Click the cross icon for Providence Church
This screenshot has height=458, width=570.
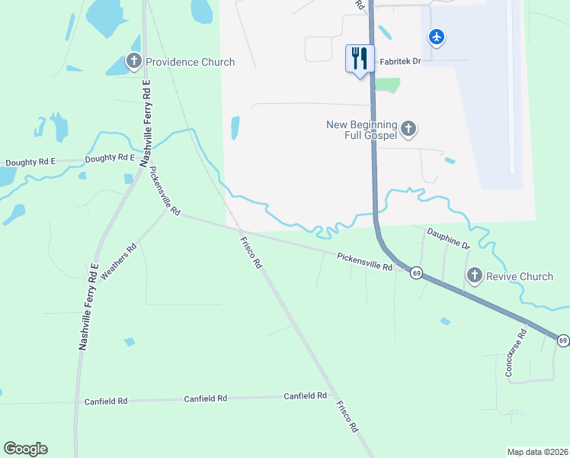(134, 62)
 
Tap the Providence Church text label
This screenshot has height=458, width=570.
(190, 62)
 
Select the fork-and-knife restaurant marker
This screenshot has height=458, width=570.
(360, 59)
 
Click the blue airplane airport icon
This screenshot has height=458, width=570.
(436, 37)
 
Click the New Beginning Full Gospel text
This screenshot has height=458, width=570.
(362, 130)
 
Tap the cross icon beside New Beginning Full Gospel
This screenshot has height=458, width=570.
(408, 129)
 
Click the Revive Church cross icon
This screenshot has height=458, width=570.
(475, 276)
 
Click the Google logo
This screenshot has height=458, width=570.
(25, 449)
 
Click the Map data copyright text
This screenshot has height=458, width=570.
(538, 452)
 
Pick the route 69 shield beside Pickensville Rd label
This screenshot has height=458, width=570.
(415, 273)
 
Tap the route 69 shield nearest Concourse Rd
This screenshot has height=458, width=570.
(562, 340)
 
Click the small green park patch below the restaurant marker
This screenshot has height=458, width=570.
(387, 85)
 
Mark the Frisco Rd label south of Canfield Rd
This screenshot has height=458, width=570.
(347, 417)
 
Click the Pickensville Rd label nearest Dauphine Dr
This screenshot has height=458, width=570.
(364, 262)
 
